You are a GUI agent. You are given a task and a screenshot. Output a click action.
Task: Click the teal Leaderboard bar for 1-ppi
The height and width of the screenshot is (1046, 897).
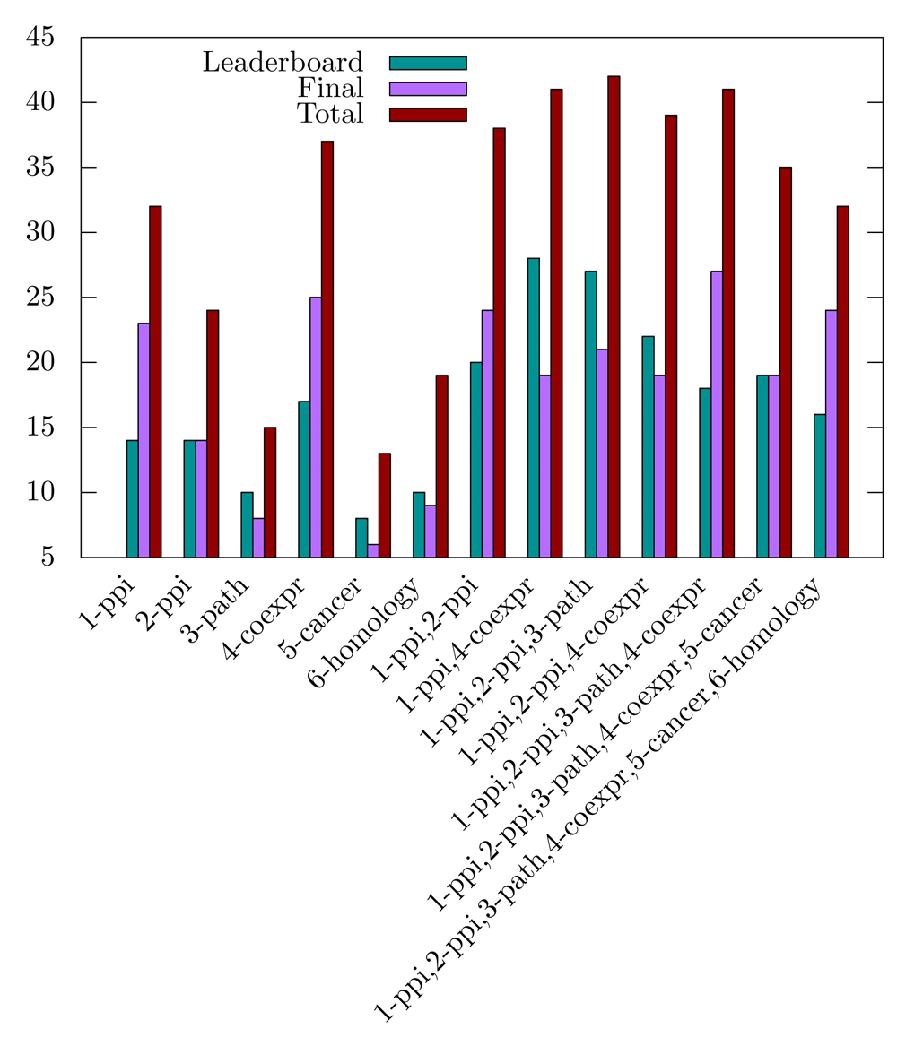(132, 498)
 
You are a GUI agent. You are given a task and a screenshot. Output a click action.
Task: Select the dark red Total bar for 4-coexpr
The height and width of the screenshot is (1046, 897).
(327, 350)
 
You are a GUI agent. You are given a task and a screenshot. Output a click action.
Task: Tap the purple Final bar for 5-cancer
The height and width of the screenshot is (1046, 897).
(373, 550)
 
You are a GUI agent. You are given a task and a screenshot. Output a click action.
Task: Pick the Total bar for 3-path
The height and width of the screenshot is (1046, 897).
(270, 492)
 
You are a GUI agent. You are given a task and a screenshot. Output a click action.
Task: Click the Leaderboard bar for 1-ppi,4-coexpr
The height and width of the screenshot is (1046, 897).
(534, 408)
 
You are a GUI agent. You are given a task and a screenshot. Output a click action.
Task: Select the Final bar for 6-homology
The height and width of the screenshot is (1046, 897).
(431, 532)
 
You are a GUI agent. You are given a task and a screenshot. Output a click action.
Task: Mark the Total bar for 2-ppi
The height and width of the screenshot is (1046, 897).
(213, 434)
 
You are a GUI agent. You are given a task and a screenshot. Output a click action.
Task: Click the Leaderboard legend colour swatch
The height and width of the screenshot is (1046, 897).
(428, 63)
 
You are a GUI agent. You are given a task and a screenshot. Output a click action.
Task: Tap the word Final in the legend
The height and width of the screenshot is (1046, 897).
(333, 88)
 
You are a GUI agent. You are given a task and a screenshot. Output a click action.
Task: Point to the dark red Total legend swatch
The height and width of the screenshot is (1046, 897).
(428, 115)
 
